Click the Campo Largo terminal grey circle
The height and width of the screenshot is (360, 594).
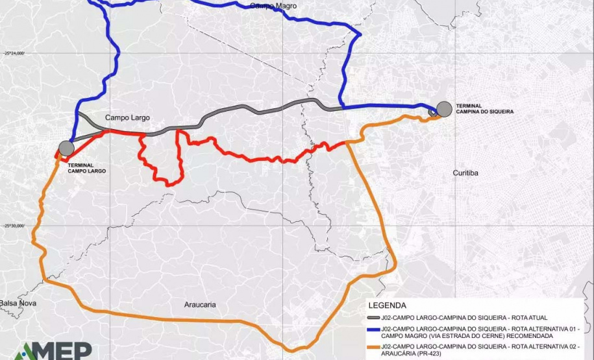(x=66, y=148)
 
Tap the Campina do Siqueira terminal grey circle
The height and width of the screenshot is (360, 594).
(x=444, y=109)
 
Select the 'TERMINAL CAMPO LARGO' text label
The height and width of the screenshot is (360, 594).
(x=86, y=168)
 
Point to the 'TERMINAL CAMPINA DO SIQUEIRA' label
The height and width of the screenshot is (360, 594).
(x=484, y=108)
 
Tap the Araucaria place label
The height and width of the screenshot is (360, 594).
(x=200, y=304)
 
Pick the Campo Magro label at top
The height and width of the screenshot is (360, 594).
(x=273, y=6)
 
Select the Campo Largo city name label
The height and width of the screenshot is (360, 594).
(x=127, y=118)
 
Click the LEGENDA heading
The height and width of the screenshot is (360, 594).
(x=387, y=305)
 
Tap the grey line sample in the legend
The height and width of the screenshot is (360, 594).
(x=373, y=318)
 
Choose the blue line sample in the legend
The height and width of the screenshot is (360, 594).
(x=373, y=330)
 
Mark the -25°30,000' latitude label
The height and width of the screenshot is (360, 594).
(x=12, y=226)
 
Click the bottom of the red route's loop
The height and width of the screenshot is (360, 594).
(x=170, y=185)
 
